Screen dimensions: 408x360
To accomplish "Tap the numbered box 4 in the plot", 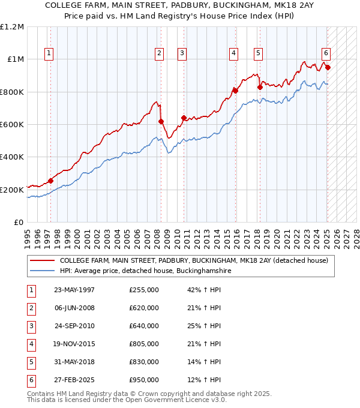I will point(232,53).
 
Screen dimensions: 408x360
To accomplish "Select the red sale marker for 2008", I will point(161,121).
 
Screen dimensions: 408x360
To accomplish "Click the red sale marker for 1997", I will point(50,181).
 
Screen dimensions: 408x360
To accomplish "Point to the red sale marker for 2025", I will point(328,67).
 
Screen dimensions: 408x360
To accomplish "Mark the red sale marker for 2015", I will point(236,91).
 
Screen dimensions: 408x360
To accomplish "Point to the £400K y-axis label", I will point(12,157).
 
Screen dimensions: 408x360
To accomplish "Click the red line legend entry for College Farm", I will point(193,261).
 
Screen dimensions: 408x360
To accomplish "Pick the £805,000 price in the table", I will point(144,343).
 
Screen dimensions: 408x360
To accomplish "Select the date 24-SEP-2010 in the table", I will point(74,326).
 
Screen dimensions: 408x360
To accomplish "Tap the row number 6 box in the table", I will point(29,380).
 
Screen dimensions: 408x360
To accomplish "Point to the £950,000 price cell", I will point(144,380).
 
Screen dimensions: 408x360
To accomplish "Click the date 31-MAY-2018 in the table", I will point(74,362).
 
